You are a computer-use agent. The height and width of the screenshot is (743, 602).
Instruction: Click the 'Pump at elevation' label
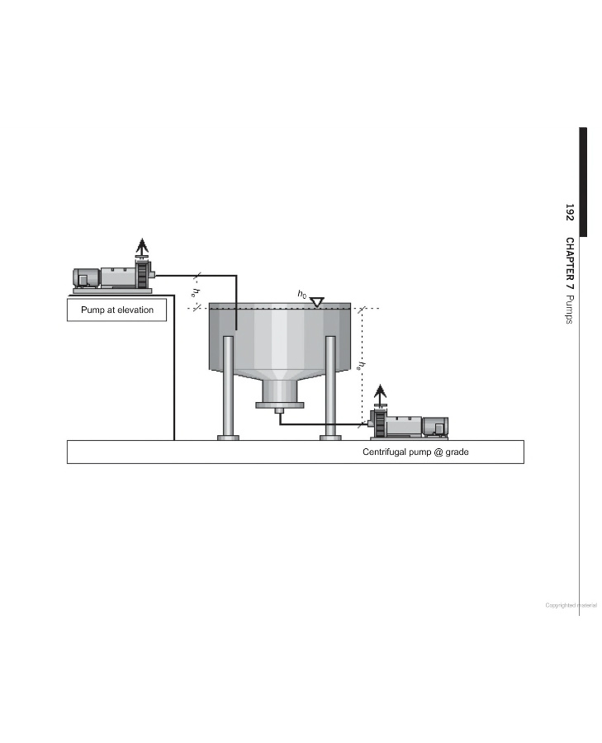[117, 310]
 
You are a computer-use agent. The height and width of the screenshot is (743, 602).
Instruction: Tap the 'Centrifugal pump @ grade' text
[415, 452]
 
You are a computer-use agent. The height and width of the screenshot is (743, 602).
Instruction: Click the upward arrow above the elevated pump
[142, 246]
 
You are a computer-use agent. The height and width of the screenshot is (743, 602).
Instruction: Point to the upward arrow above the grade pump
[380, 393]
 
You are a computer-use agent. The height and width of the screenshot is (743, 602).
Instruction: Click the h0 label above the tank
[302, 294]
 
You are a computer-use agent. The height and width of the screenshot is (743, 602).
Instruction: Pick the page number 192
[569, 212]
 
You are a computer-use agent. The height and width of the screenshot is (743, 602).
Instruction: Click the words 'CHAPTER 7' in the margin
[569, 264]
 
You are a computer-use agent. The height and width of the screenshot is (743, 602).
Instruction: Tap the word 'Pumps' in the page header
[569, 310]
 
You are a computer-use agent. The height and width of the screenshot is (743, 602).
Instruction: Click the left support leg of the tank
[228, 388]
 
